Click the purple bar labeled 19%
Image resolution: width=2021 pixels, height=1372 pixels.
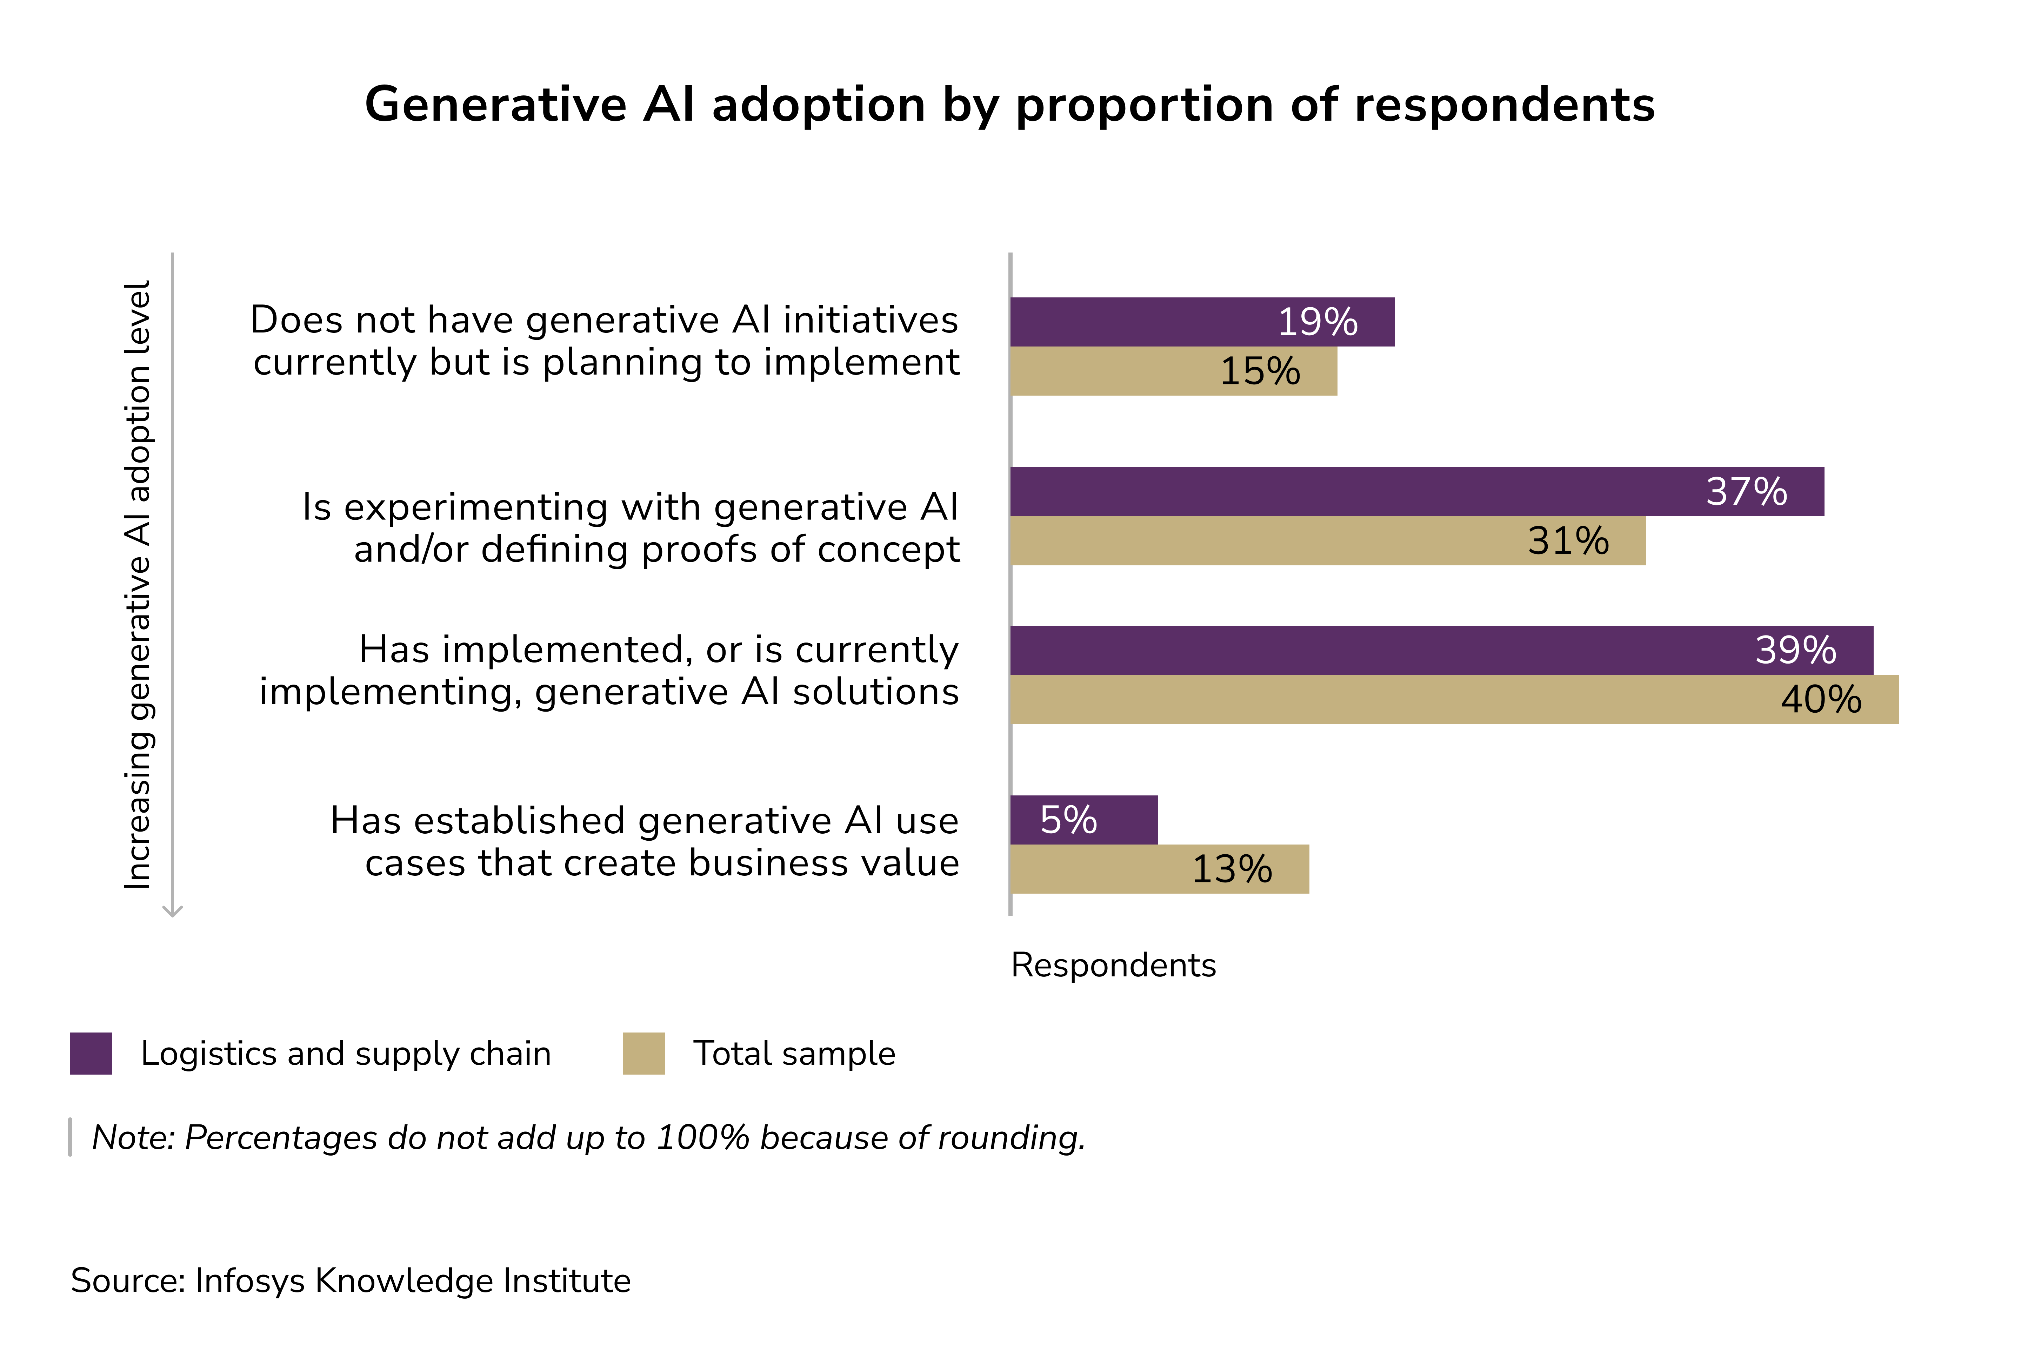pos(1200,322)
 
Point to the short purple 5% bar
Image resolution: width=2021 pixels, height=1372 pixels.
pos(1083,819)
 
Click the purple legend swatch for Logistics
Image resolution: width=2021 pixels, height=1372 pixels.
pos(91,1053)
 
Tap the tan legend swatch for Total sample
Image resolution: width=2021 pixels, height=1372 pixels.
pos(643,1053)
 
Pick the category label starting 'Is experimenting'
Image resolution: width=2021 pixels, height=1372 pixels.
pos(631,528)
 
